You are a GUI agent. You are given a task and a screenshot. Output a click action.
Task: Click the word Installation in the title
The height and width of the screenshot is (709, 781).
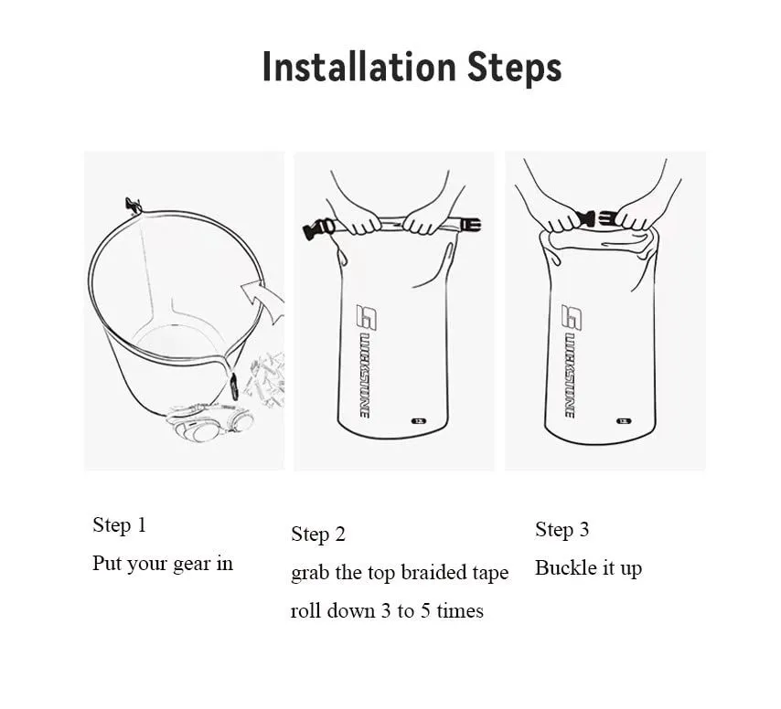(359, 67)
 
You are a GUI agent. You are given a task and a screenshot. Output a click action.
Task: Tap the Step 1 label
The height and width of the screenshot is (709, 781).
(119, 525)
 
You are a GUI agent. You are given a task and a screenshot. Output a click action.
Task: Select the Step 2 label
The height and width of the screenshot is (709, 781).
(317, 534)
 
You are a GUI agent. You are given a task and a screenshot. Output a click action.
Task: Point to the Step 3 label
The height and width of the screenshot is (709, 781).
(562, 530)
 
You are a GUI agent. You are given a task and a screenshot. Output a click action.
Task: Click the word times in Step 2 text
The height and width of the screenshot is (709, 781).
(460, 610)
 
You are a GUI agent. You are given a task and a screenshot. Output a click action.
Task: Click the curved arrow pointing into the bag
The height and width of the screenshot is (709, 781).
(263, 301)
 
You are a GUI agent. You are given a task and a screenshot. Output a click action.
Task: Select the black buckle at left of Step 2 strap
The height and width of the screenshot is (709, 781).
(319, 228)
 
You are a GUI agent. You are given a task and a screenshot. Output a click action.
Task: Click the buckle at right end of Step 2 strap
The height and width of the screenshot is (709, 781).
(471, 225)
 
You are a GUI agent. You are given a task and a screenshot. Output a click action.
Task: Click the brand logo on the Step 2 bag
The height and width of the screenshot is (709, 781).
(366, 361)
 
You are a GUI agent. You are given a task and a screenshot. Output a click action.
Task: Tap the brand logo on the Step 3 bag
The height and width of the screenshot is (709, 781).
(571, 361)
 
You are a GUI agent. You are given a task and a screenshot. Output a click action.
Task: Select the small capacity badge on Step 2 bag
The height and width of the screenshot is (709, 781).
(419, 421)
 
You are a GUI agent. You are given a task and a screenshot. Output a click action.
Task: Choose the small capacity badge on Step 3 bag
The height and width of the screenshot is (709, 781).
(624, 421)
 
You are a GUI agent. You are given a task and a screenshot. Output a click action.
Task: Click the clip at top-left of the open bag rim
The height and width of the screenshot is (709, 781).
(133, 205)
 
